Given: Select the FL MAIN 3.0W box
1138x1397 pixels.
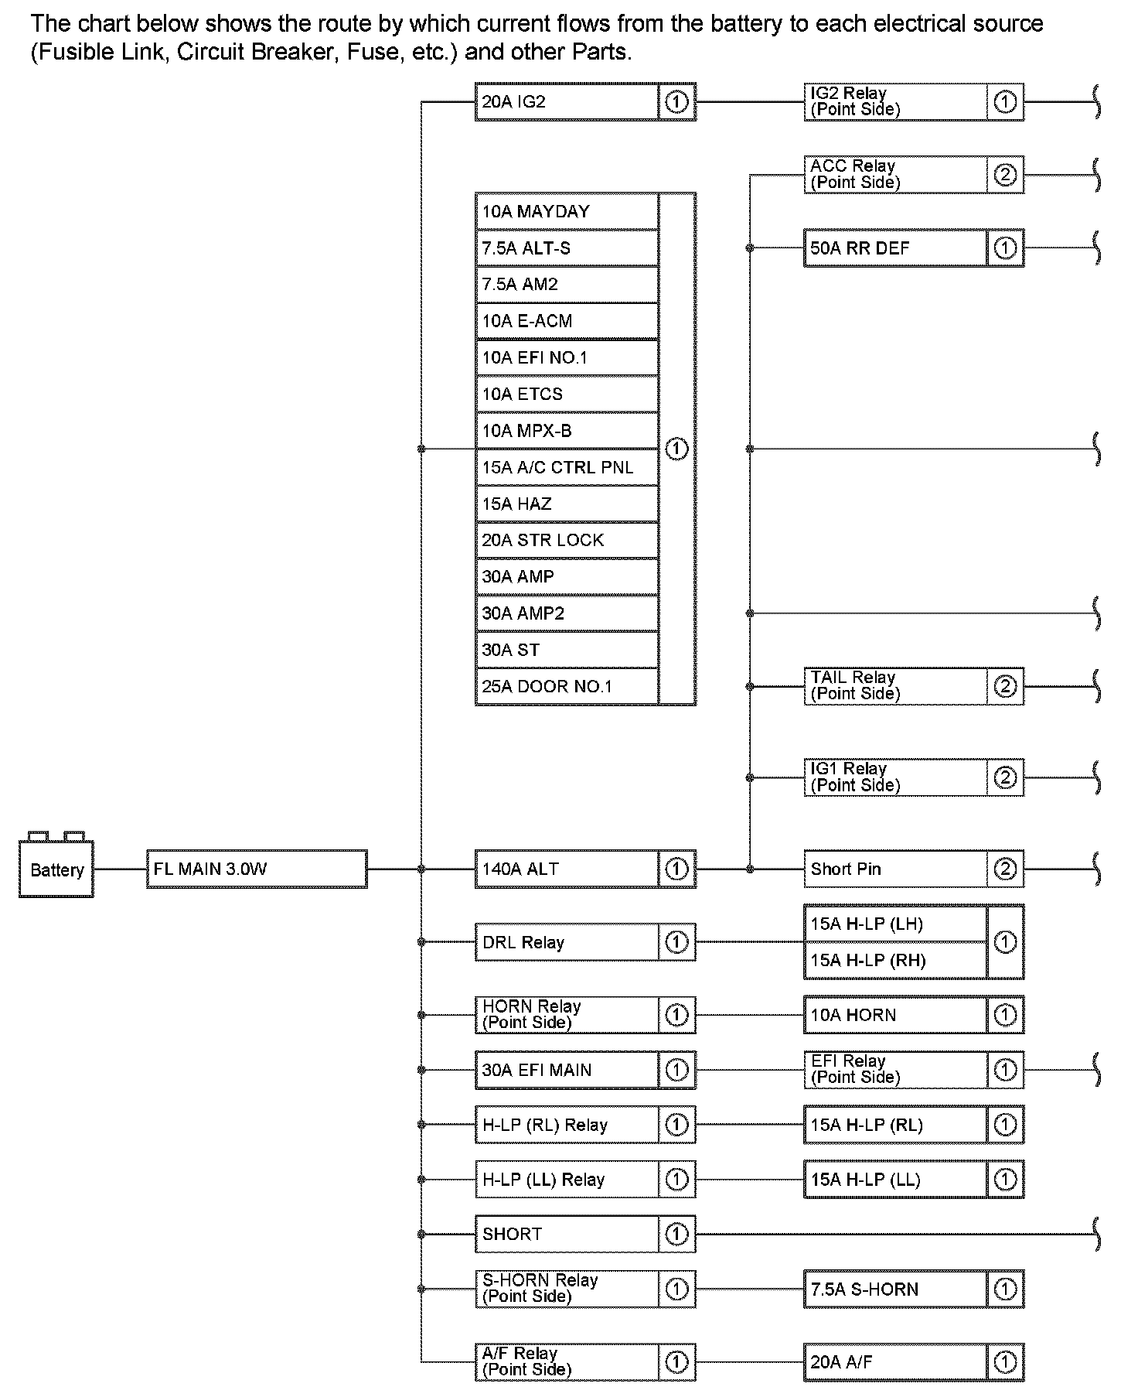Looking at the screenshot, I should [256, 869].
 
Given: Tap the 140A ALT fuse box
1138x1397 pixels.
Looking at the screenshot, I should [567, 869].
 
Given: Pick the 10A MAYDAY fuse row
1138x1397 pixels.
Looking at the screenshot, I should [567, 211].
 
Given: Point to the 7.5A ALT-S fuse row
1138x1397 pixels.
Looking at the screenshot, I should [567, 248].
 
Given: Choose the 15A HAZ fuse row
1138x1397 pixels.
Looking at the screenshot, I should [567, 504].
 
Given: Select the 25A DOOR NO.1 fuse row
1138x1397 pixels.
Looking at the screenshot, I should [567, 686].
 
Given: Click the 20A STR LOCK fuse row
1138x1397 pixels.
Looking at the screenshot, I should [567, 540].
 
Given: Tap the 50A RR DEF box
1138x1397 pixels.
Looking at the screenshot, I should [895, 248].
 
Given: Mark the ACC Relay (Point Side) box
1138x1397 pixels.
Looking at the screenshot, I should [895, 174].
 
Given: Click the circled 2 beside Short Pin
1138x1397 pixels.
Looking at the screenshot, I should [1004, 869].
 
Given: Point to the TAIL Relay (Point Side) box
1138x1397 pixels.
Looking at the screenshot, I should [895, 685].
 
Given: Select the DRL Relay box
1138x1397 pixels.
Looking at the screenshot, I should [567, 942].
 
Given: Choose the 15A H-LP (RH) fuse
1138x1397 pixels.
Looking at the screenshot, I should [895, 960].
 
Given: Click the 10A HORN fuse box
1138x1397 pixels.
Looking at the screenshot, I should [895, 1015].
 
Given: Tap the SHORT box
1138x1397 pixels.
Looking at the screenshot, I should [567, 1234].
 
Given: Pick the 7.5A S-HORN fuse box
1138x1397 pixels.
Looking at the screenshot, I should [895, 1289].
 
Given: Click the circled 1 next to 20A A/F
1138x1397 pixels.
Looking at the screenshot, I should [1004, 1362].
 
